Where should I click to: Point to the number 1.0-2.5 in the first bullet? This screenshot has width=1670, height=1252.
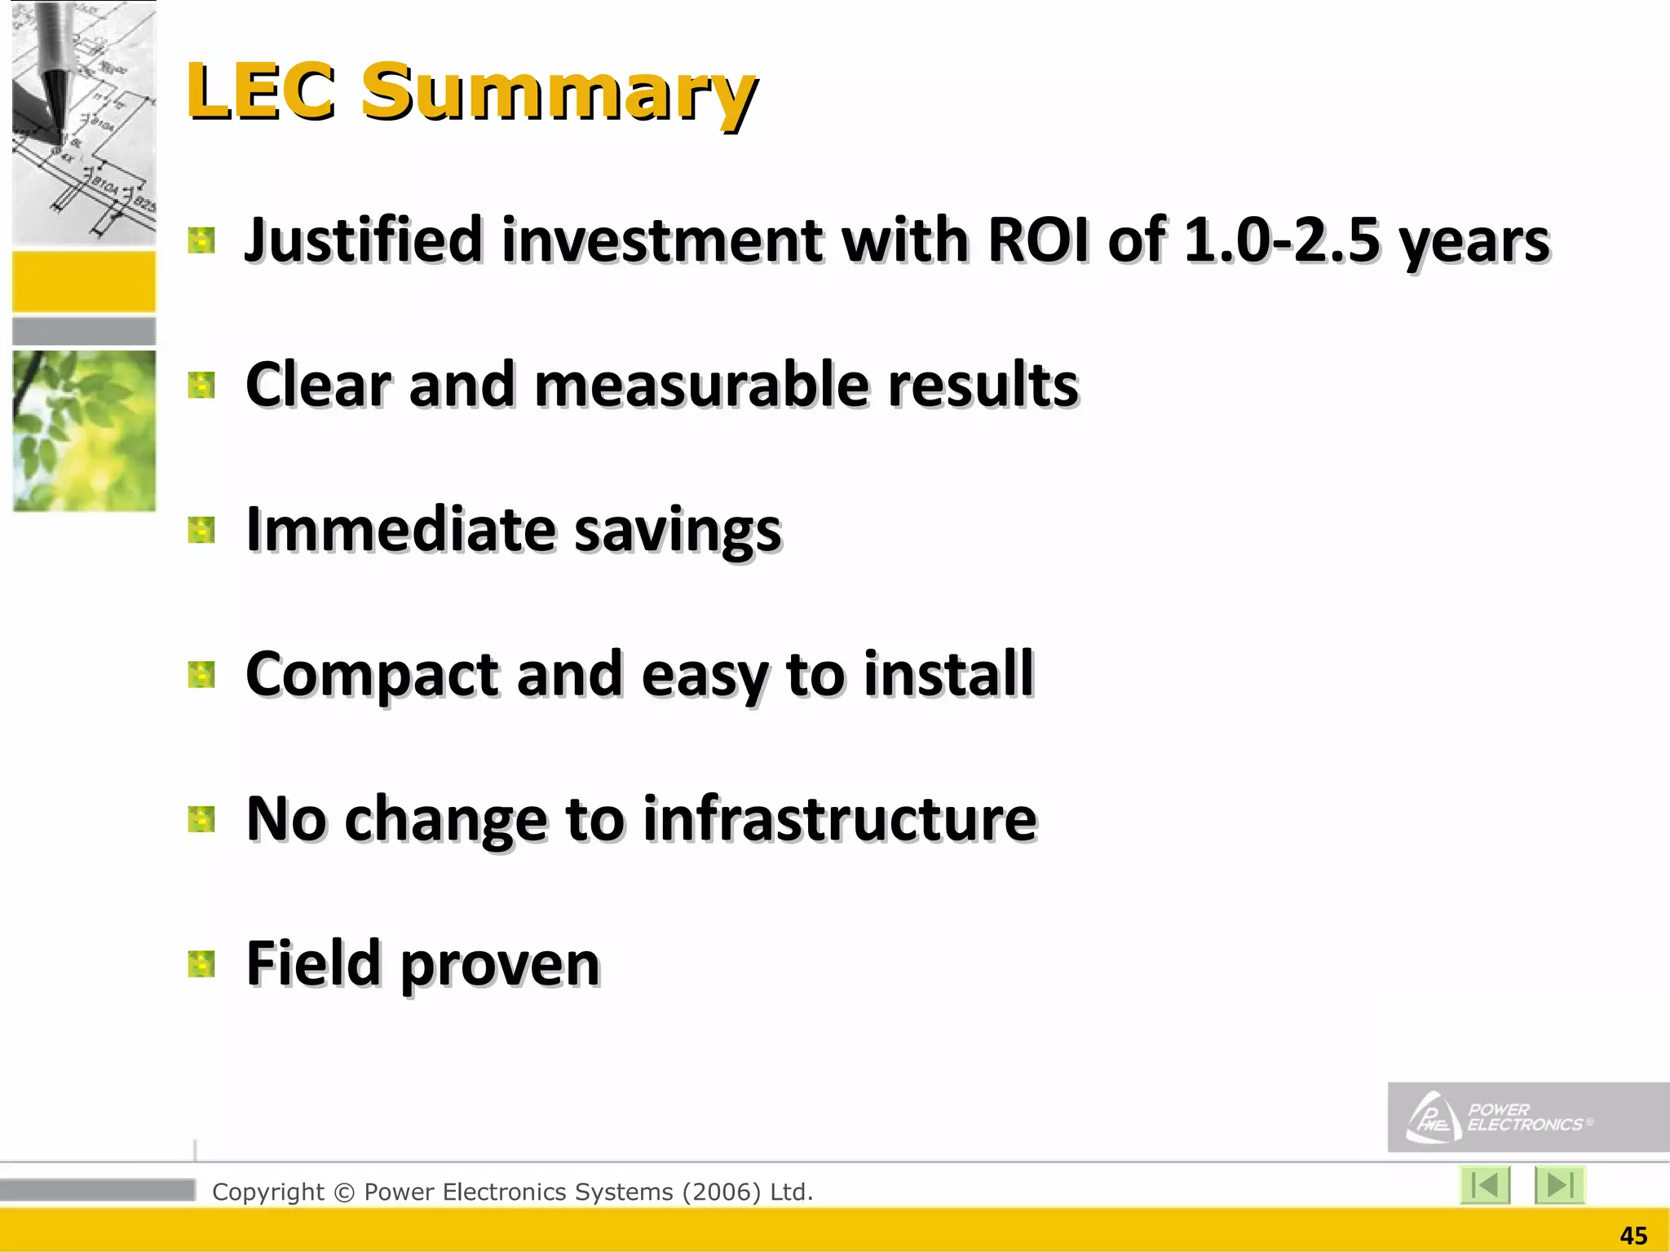[1280, 240]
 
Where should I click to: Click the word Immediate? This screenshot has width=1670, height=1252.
[401, 530]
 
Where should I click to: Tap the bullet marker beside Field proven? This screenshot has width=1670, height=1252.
[201, 963]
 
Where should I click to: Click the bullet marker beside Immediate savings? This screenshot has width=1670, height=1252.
[201, 530]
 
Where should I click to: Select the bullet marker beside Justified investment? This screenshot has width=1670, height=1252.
[201, 240]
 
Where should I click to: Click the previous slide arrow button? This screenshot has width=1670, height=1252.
[1484, 1184]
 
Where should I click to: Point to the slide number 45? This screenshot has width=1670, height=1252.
[1633, 1236]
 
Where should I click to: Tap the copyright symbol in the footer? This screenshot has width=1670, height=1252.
[344, 1192]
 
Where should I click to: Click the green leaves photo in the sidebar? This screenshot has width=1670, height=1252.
[84, 430]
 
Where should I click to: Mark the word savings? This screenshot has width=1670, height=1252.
[678, 530]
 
